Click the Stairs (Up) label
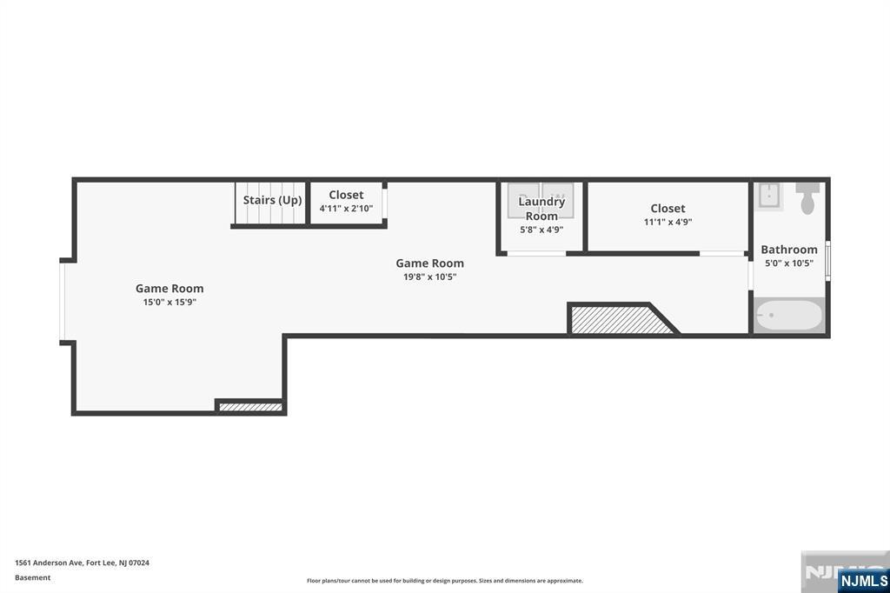pos(272,200)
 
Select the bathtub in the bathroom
pos(789,315)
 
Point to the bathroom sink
pos(769,197)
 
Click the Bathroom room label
pos(789,250)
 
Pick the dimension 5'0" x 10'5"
pos(789,263)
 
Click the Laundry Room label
pos(541,209)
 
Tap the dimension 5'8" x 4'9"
pos(541,230)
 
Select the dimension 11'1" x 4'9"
pos(667,222)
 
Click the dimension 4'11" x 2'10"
pos(346,209)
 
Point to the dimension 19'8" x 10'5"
pos(429,277)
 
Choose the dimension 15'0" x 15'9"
pos(169,303)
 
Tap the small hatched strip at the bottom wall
pos(250,407)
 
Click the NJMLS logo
pos(863,580)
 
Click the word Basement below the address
pos(32,577)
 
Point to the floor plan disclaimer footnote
pos(444,581)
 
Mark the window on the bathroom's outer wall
pos(827,261)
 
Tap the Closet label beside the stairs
pos(346,195)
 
